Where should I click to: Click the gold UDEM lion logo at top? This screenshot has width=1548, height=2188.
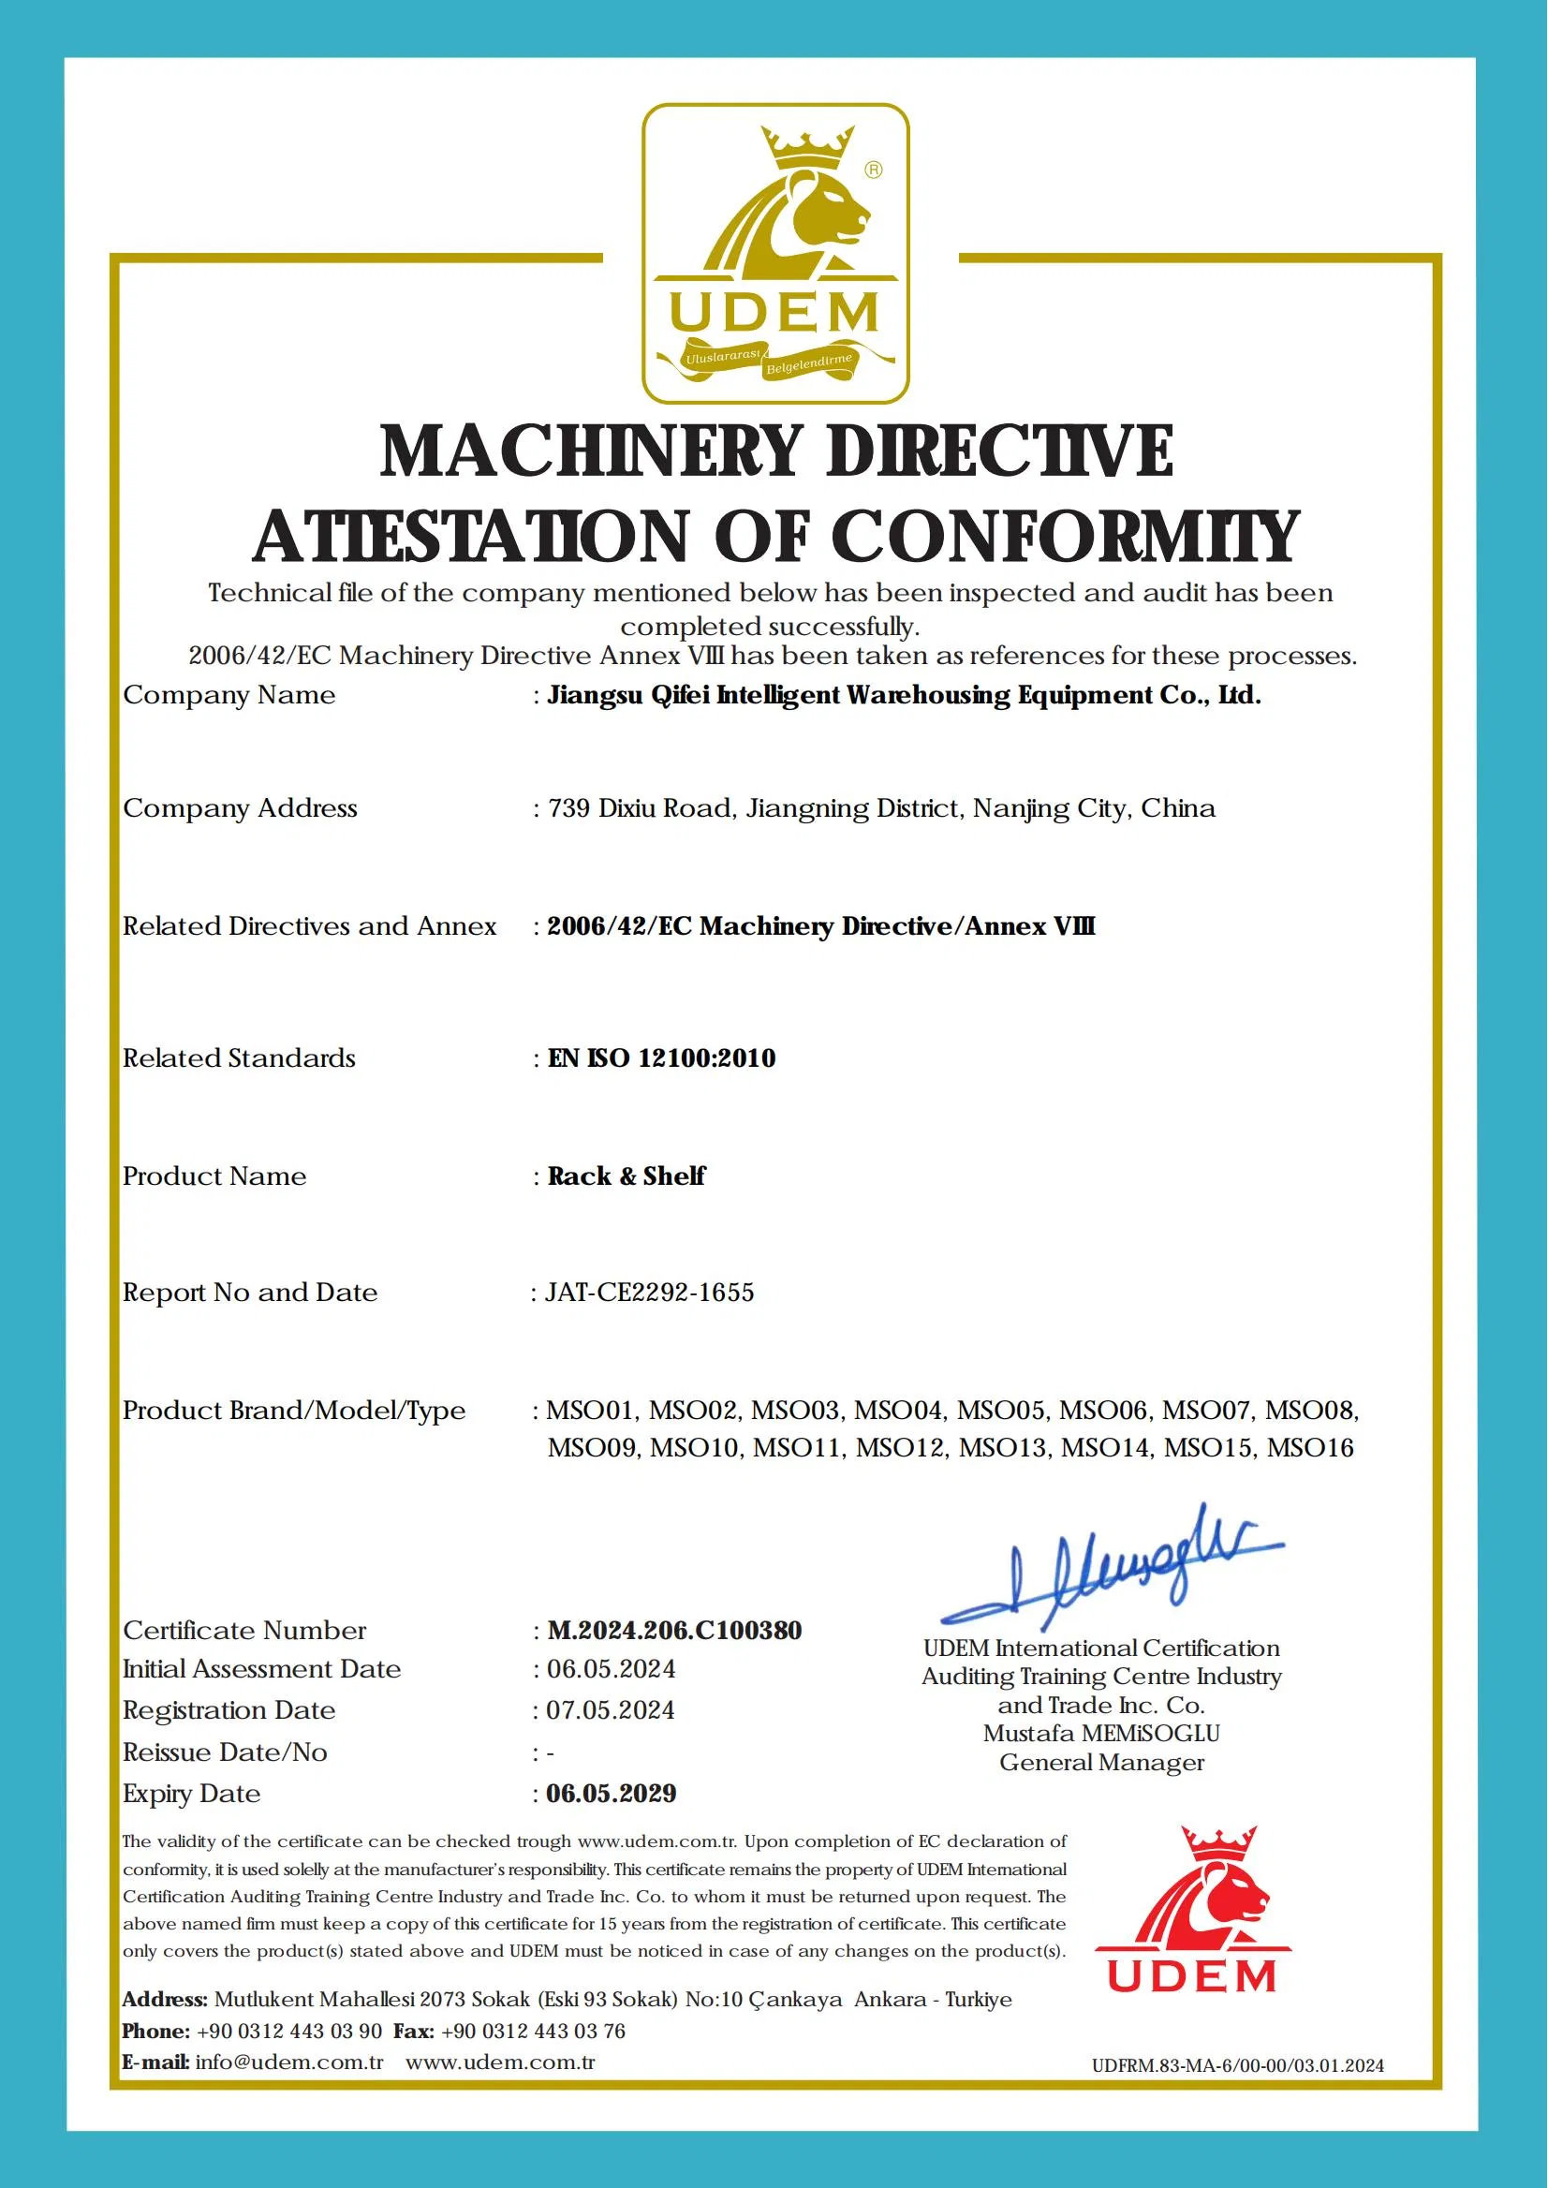coord(775,253)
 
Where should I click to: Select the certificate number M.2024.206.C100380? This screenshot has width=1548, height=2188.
coord(674,1631)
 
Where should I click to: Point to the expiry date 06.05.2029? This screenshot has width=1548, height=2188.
coord(611,1794)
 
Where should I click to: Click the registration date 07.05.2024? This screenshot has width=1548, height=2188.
coord(610,1710)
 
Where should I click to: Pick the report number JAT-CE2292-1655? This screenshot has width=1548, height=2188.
coord(649,1293)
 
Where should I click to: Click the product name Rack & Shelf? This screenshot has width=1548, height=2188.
coord(627,1175)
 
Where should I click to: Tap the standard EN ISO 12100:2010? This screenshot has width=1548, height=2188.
coord(661,1058)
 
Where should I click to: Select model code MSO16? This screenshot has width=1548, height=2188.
coord(1310,1448)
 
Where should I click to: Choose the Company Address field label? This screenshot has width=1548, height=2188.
coord(240,808)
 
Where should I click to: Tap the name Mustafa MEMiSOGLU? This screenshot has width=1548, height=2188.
coord(1101,1733)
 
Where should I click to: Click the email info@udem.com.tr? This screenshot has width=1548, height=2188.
coord(288,2062)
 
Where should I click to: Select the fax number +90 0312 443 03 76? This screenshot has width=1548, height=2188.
coord(534,2031)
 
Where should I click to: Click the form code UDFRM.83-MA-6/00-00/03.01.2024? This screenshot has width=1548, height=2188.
coord(1237,2065)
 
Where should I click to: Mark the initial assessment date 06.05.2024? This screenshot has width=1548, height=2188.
coord(611,1669)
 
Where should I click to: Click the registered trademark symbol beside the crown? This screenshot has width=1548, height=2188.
coord(873,170)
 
